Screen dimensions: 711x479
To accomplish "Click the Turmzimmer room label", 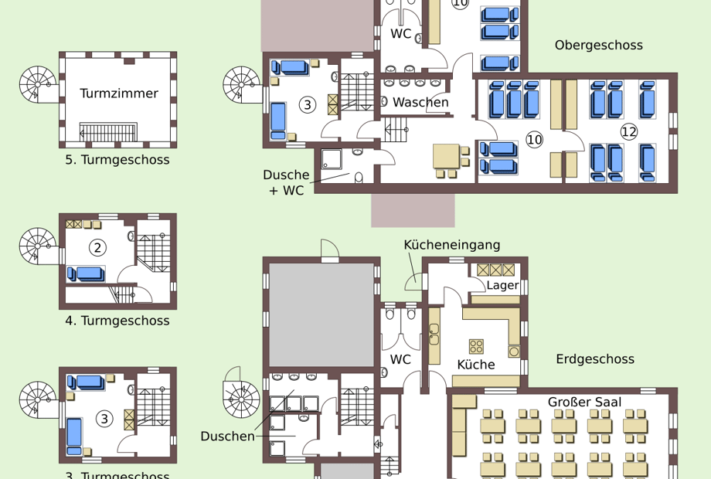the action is point(119,93).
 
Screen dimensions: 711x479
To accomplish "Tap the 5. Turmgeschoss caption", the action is point(117,160).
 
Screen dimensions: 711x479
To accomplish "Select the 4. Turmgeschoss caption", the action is point(117,321).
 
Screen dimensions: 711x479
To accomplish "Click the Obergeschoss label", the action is point(598,46).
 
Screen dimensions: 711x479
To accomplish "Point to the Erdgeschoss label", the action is point(595,359).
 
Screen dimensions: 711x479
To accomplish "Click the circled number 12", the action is point(629,132).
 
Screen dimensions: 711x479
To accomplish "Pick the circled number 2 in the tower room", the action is point(97,248).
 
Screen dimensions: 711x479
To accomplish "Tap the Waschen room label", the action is point(420,103).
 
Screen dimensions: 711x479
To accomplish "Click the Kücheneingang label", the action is point(452,245).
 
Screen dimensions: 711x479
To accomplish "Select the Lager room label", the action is point(502,286).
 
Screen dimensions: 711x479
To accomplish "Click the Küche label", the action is point(475,365).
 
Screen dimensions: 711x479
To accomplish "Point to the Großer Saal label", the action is point(584,403).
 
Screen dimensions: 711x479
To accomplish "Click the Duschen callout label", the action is point(228,437).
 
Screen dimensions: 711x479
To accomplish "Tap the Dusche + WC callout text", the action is point(286,182).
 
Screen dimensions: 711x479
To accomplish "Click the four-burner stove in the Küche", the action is point(476,346).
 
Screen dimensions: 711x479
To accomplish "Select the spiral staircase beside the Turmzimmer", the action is point(38,85).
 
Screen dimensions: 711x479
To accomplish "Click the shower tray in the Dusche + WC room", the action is point(332,159).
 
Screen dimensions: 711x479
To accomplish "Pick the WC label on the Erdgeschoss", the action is point(400,360).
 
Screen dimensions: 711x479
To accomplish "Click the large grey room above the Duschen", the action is point(321,315).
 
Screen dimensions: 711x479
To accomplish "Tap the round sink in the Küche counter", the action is point(514,352).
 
